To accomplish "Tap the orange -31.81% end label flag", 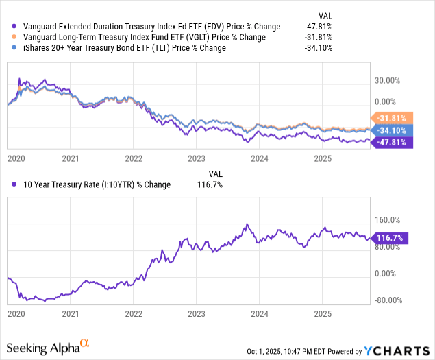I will click(390, 117).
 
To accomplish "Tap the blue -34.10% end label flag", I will click(390, 130).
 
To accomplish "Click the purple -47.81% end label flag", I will click(390, 142).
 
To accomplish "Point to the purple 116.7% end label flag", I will click(390, 238).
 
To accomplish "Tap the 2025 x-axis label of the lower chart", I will click(323, 313).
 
